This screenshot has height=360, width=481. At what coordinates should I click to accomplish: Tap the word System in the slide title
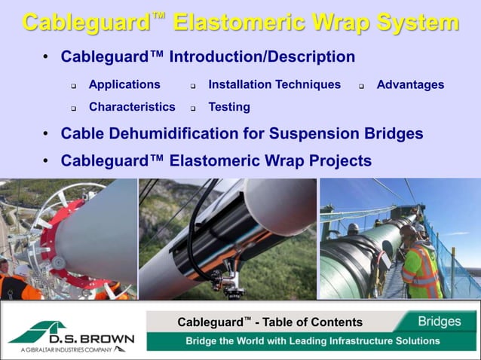(413, 22)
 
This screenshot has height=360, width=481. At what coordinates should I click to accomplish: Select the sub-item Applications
(124, 85)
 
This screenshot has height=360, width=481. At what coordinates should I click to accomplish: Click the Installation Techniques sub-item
(274, 85)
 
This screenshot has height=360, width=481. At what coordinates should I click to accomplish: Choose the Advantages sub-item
(410, 85)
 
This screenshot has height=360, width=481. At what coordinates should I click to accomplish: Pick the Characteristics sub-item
(132, 107)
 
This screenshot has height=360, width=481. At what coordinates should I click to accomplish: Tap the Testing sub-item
(229, 107)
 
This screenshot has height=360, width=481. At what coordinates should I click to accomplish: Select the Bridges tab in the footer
(440, 322)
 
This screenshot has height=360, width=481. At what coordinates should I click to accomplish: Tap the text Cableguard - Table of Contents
(270, 322)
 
